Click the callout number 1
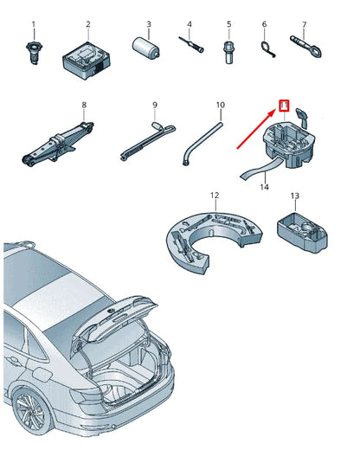(x=34, y=24)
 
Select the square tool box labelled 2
(x=87, y=61)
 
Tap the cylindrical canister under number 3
(x=146, y=48)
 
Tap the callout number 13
(x=295, y=196)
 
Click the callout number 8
(x=84, y=105)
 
